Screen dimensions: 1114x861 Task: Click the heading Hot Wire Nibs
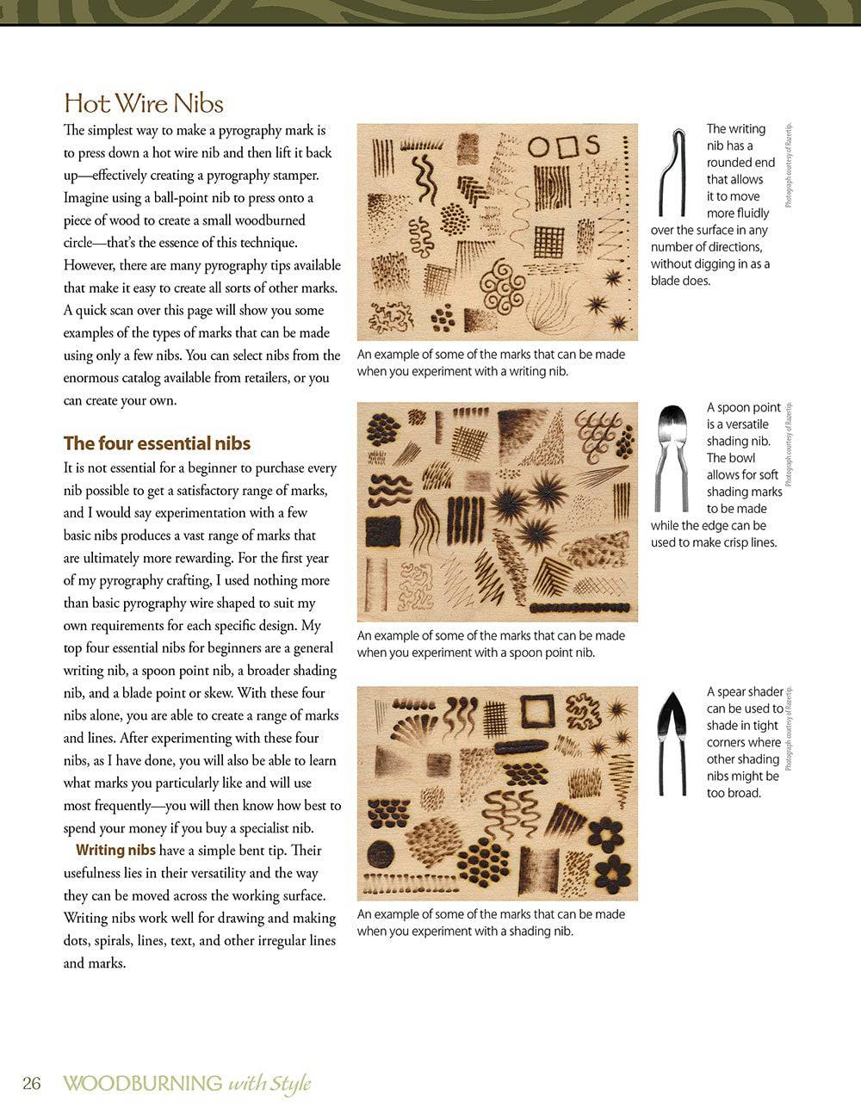(x=144, y=103)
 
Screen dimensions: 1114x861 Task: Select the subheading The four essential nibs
(x=157, y=443)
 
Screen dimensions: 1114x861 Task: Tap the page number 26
(x=31, y=1083)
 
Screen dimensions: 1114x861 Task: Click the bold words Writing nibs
(x=115, y=851)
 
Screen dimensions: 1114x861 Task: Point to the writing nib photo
(x=672, y=171)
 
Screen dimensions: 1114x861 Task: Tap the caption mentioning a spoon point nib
(x=491, y=644)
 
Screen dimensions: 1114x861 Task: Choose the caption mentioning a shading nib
(x=491, y=923)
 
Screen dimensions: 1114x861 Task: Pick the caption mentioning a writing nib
(x=491, y=362)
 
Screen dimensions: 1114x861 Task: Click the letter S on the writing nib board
(x=593, y=145)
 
